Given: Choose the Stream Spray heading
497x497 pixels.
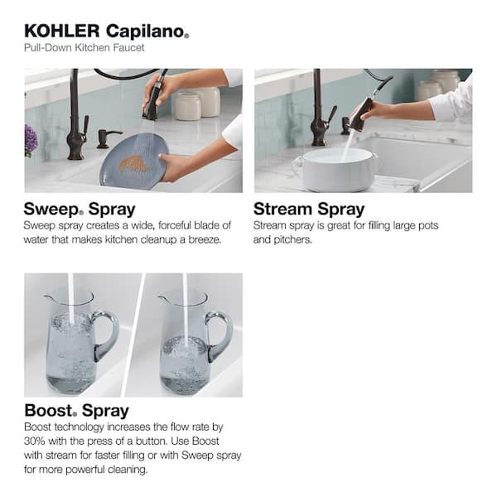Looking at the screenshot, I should (x=309, y=208).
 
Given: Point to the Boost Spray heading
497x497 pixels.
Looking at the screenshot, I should (x=76, y=410).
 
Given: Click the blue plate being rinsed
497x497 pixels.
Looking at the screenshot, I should (x=132, y=161).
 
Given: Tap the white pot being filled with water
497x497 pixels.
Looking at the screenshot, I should (x=335, y=170).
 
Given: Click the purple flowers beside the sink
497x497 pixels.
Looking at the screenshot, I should (x=31, y=140).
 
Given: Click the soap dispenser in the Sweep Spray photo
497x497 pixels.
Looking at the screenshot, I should (x=105, y=138).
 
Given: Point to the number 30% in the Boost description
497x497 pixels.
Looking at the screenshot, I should (x=38, y=440).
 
